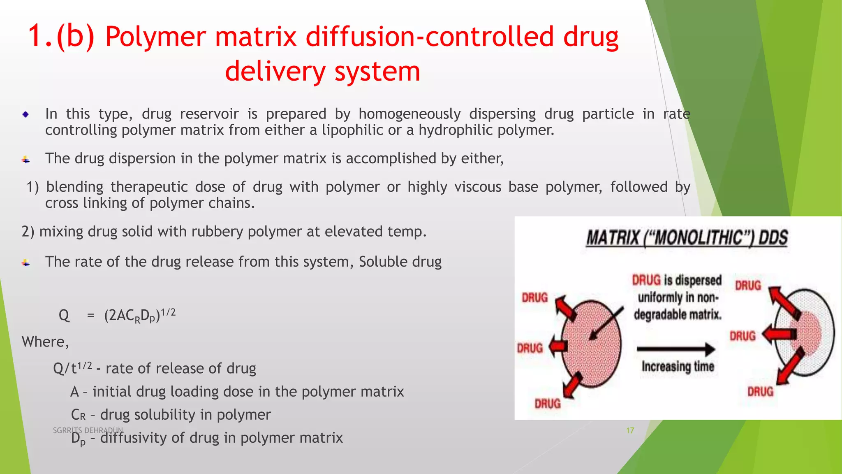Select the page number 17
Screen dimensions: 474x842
[630, 430]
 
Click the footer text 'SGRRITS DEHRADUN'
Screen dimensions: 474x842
[88, 430]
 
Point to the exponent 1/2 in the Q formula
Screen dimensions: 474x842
[168, 312]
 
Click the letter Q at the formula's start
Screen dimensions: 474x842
[64, 316]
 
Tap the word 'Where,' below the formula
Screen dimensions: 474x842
[45, 342]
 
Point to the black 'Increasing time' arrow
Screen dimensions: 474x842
[676, 349]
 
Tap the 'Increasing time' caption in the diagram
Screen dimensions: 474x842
[678, 366]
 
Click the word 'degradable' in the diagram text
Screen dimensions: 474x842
[658, 315]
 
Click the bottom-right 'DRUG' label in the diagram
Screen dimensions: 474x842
[760, 391]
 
